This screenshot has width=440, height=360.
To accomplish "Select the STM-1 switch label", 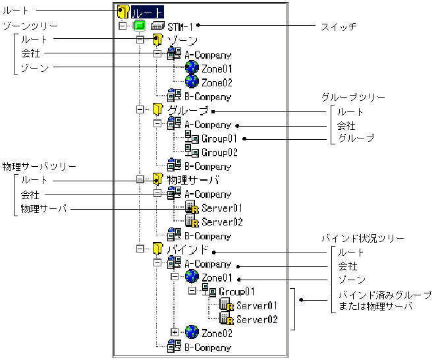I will [x=180, y=27].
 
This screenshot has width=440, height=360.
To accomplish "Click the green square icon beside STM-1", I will [x=139, y=27].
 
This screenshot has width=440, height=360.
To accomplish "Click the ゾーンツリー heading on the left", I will [x=30, y=25].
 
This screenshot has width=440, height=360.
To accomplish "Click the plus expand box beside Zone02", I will [x=175, y=332].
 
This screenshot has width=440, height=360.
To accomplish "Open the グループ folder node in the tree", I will [x=188, y=111].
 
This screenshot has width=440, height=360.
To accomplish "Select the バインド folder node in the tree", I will [x=188, y=250].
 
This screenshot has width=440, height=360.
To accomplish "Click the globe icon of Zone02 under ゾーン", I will [x=192, y=82].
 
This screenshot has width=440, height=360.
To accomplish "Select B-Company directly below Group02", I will [x=207, y=166].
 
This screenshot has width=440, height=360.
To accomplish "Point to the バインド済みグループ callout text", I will [x=385, y=294].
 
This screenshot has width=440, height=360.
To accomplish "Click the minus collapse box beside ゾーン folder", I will [x=140, y=40].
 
